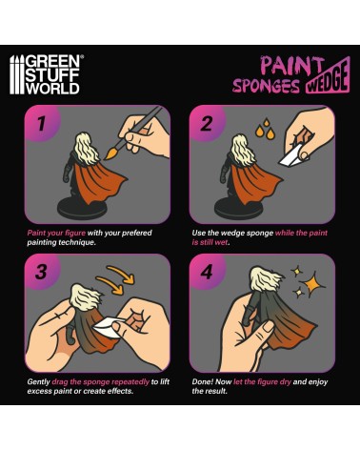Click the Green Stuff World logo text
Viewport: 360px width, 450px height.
(52, 74)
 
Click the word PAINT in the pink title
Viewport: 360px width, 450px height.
(290, 66)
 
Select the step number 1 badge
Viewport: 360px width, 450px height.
(41, 123)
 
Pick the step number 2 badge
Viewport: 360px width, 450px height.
(207, 123)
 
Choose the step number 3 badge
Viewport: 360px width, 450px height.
(41, 272)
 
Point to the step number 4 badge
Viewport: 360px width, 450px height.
(207, 272)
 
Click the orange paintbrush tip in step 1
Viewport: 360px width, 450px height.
(110, 153)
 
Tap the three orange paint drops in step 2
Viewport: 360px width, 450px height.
(266, 129)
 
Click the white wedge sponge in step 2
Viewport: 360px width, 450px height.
(291, 156)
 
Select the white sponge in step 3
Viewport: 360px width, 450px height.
(108, 326)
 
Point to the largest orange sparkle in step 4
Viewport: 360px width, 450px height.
(311, 283)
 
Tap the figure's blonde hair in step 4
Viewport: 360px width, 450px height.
(266, 278)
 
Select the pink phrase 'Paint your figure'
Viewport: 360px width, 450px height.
(56, 233)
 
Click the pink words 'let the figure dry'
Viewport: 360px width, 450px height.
(262, 381)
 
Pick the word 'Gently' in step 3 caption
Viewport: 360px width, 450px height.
(38, 381)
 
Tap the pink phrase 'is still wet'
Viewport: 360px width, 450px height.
(210, 242)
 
